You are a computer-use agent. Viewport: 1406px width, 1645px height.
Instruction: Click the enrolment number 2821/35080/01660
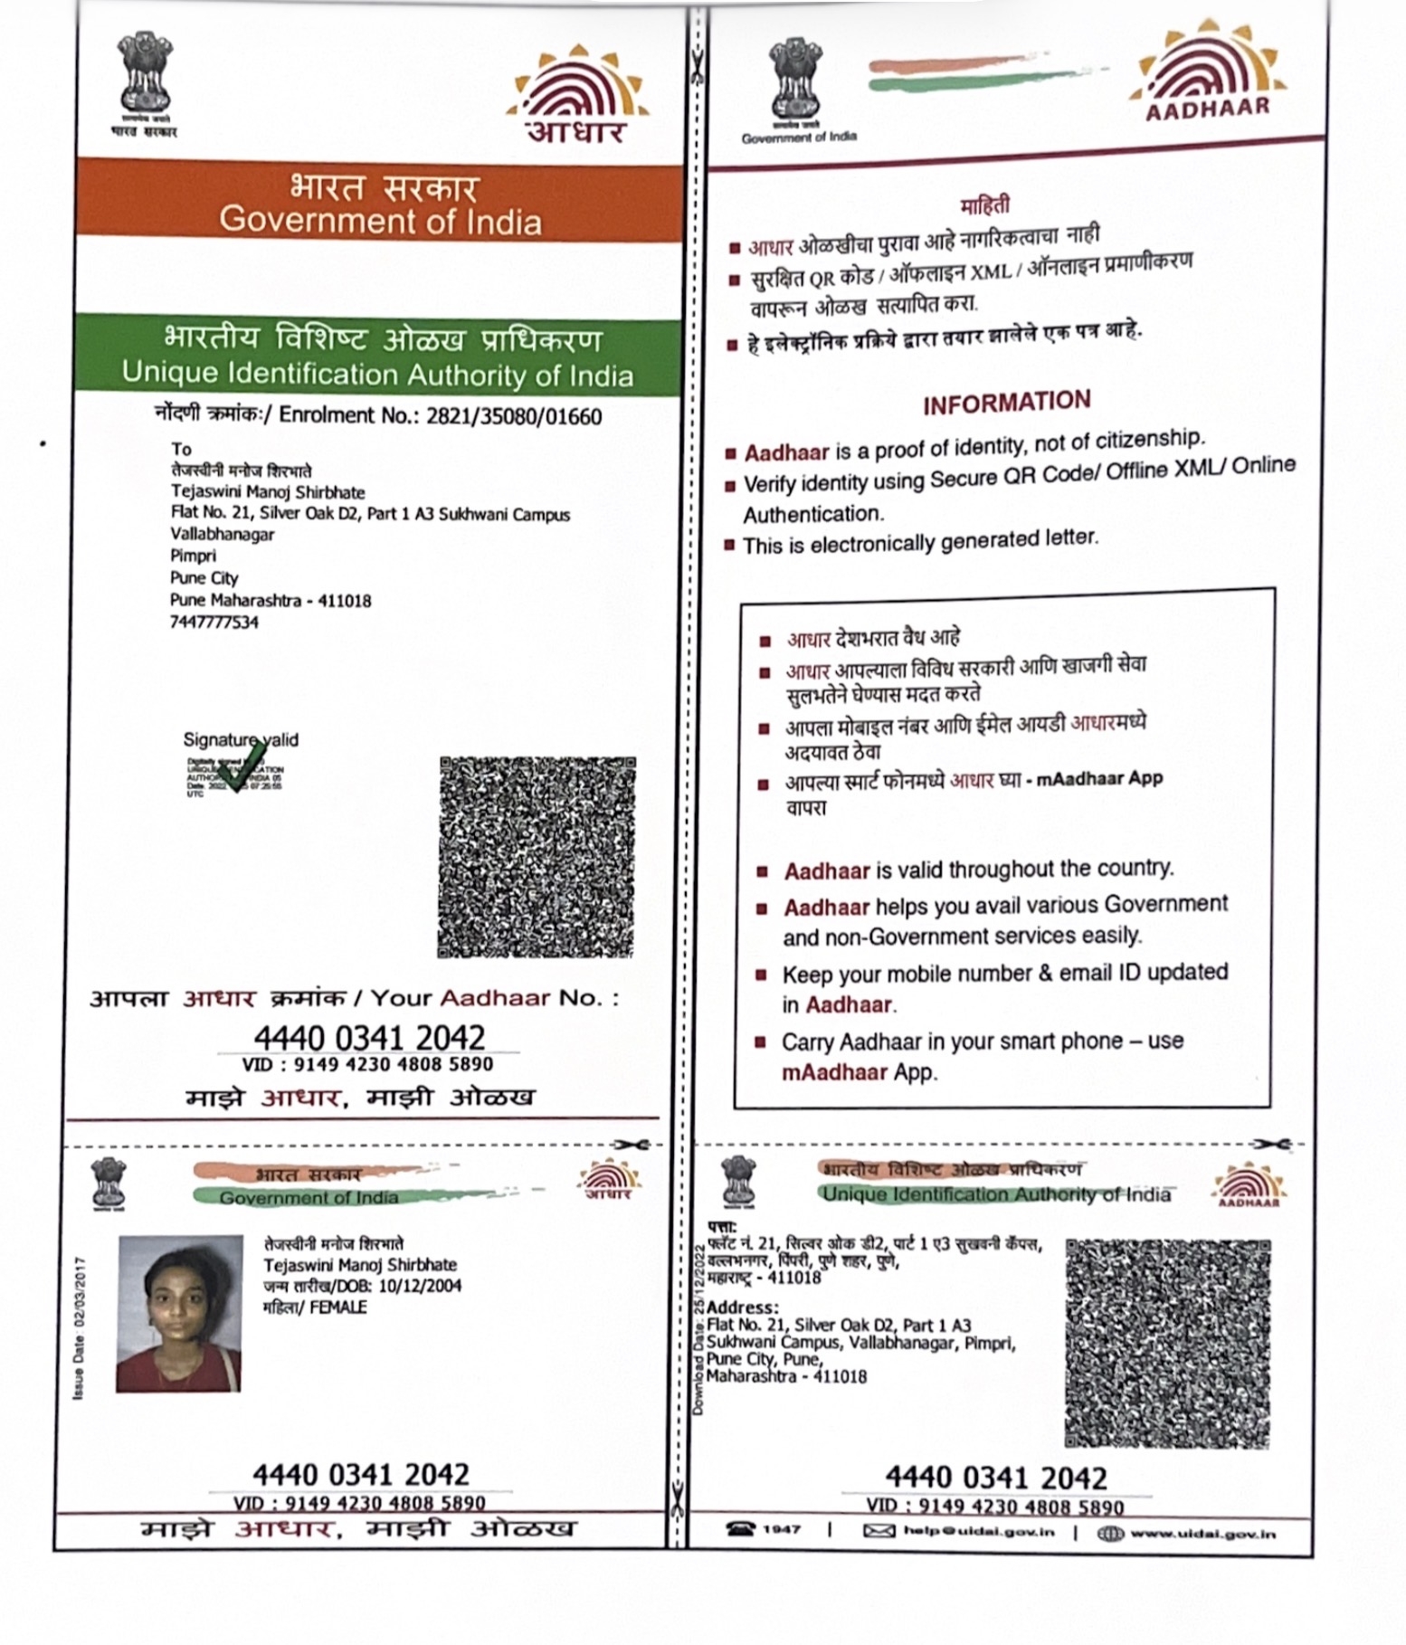click(514, 416)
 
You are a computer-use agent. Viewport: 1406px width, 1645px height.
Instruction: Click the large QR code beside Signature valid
click(537, 857)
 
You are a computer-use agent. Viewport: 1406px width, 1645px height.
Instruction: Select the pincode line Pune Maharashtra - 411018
click(270, 600)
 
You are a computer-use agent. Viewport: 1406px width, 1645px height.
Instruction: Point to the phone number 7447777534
click(214, 622)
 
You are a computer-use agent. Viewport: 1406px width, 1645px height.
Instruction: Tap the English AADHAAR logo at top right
click(1208, 81)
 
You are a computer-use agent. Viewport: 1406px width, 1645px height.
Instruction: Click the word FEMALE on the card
click(338, 1307)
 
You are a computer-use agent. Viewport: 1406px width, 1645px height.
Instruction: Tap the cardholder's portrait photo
click(179, 1313)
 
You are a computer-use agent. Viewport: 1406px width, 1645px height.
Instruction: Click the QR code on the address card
click(1167, 1343)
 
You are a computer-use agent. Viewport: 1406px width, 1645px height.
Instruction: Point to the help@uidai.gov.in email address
click(979, 1531)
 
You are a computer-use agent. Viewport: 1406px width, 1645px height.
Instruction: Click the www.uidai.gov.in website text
click(1202, 1533)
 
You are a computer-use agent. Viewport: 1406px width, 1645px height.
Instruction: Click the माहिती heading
click(985, 206)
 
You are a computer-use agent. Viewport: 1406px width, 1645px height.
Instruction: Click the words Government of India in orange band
click(380, 221)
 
